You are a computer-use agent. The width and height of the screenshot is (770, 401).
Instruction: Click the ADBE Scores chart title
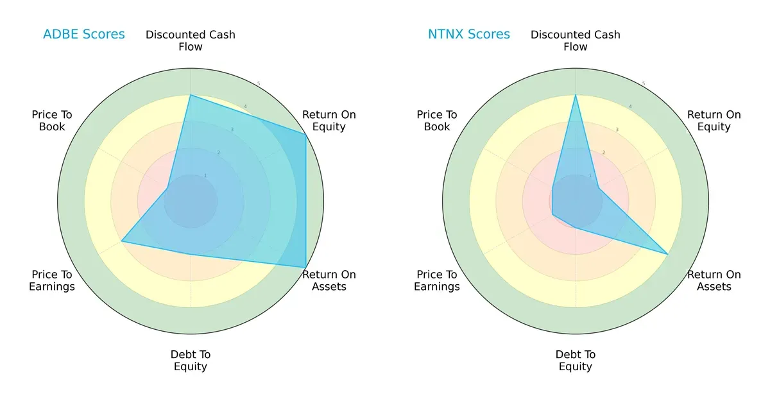(83, 34)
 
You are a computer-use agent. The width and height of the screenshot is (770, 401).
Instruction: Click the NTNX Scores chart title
(468, 34)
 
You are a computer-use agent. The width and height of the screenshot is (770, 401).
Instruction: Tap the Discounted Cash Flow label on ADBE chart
(191, 40)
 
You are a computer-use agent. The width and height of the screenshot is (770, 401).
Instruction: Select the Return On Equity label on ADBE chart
(329, 121)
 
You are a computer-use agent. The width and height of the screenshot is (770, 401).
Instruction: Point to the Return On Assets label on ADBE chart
(329, 280)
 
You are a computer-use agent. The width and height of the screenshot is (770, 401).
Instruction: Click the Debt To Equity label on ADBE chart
(191, 361)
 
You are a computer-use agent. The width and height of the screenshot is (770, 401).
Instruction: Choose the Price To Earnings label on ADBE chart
(52, 280)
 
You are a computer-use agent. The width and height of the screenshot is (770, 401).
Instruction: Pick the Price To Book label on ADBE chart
(52, 121)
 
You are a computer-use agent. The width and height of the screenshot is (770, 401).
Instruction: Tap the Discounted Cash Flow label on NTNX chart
(576, 40)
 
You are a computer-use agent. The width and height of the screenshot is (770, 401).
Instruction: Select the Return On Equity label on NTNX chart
(714, 121)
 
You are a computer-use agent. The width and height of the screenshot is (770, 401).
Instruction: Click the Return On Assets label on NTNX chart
(714, 280)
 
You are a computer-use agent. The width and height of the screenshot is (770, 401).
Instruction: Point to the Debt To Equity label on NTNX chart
(576, 361)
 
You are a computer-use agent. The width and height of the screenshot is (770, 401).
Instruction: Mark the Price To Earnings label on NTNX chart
(437, 280)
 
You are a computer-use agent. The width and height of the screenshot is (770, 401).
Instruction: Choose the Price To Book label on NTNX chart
(437, 121)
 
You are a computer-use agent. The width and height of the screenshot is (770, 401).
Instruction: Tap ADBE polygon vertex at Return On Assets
(305, 267)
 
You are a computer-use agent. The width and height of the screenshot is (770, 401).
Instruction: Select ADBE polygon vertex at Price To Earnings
(122, 241)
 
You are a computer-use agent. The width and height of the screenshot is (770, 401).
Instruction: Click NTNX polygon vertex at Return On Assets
(668, 254)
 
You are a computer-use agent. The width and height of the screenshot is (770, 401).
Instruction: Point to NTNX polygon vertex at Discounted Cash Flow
(576, 95)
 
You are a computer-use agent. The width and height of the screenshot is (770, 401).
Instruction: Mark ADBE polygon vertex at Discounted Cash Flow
(191, 95)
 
